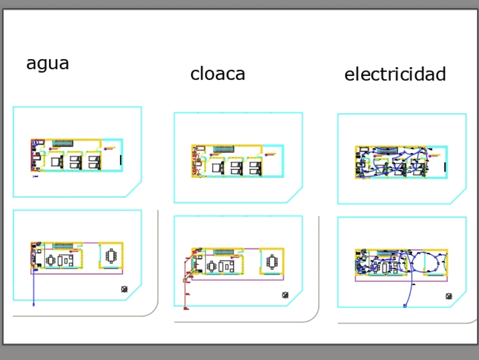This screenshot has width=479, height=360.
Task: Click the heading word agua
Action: click(x=47, y=63)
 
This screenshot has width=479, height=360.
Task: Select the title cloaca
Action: click(x=217, y=74)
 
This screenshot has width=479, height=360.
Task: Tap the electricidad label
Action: click(x=395, y=74)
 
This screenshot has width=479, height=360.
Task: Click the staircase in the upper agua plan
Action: click(x=62, y=143)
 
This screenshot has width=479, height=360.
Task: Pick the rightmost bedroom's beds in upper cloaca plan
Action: click(x=255, y=167)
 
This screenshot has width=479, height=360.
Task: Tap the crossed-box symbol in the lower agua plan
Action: click(x=125, y=289)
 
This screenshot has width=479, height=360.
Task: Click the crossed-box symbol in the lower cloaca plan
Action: click(x=285, y=295)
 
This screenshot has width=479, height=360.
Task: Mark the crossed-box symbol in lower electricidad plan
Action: click(x=449, y=296)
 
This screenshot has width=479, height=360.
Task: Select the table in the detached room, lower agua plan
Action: click(x=112, y=256)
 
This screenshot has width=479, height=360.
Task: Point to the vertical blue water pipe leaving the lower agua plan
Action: click(x=34, y=288)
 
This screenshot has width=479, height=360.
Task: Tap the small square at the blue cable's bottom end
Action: click(x=405, y=305)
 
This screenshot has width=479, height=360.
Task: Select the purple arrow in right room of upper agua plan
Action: click(x=110, y=147)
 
